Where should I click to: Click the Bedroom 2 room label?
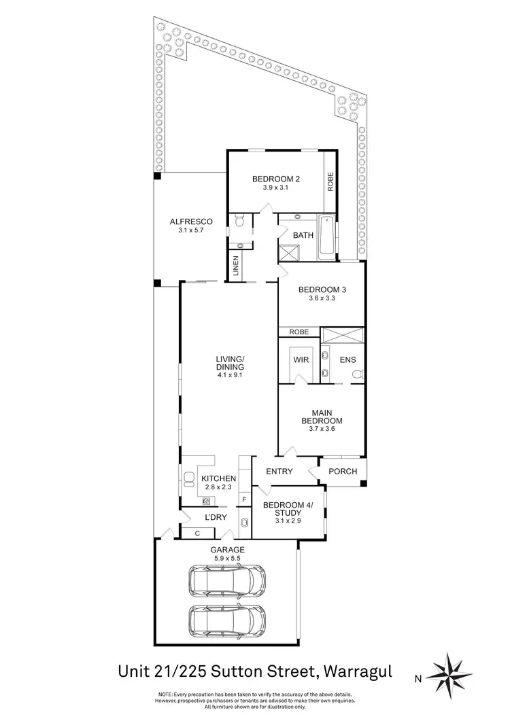(276, 179)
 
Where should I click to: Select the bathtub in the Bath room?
(326, 237)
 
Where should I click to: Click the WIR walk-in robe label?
(301, 359)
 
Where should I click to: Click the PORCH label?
(343, 472)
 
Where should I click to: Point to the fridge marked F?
(243, 501)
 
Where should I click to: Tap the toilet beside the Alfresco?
(237, 222)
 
